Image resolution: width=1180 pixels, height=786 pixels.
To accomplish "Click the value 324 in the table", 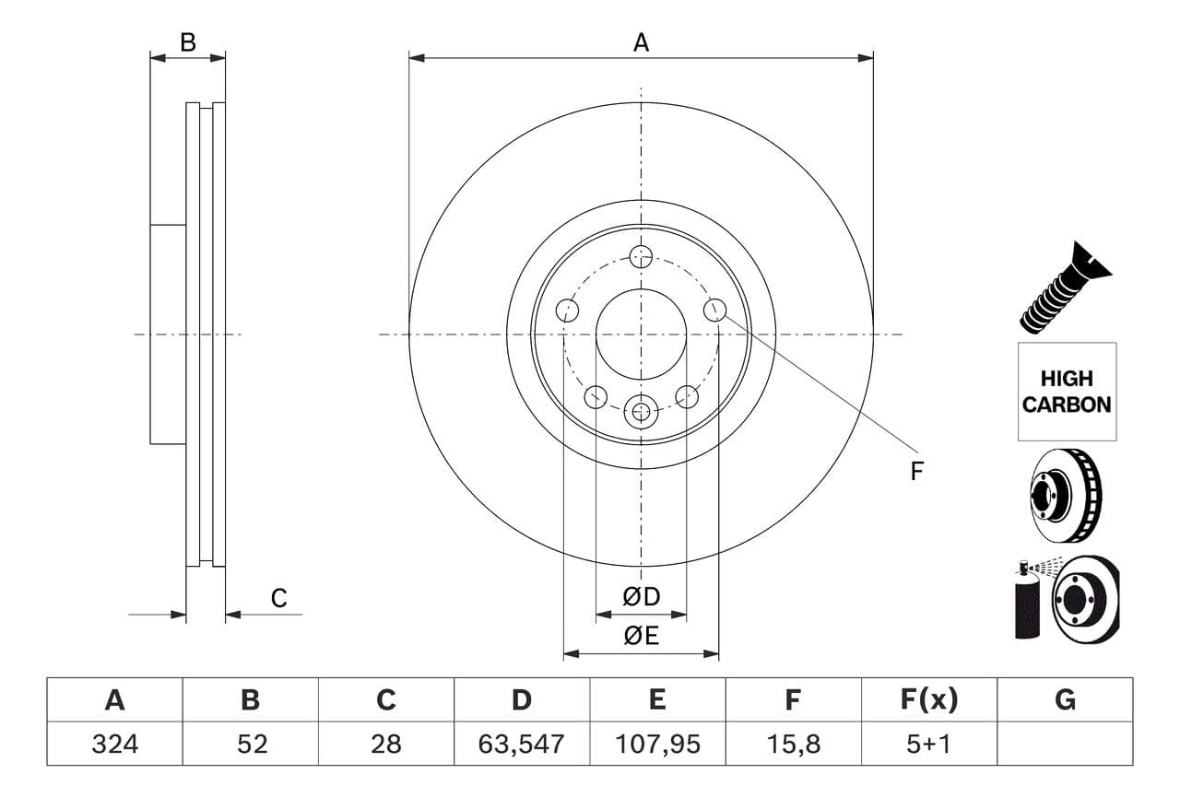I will [114, 744].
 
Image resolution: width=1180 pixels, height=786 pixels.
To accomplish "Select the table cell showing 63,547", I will [522, 744].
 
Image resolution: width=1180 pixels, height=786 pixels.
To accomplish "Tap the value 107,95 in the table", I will [657, 744].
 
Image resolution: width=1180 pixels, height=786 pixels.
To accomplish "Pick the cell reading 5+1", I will [929, 744].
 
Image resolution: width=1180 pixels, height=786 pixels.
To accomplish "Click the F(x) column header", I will [929, 700].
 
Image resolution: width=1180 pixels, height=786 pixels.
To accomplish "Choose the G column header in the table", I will [1065, 700].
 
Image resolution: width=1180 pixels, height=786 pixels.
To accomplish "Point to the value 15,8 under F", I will [793, 744].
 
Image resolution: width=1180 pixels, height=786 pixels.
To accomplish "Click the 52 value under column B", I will [251, 744].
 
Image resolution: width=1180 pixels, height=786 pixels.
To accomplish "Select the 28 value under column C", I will [386, 744].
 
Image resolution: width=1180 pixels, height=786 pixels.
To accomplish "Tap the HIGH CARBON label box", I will [1067, 392].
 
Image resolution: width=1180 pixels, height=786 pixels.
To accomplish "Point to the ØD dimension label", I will [642, 597].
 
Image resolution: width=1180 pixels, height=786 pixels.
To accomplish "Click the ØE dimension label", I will [642, 636].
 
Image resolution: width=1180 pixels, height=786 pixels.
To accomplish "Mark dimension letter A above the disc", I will [641, 41].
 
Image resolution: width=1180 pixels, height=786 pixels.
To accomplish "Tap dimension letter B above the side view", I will [188, 41].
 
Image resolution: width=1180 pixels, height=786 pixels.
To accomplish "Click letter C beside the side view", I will [278, 598].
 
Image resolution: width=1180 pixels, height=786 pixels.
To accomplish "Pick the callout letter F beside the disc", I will [916, 472].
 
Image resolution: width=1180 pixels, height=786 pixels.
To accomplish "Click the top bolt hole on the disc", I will [641, 256].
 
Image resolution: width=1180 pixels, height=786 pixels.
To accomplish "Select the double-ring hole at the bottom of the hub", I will [641, 411].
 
